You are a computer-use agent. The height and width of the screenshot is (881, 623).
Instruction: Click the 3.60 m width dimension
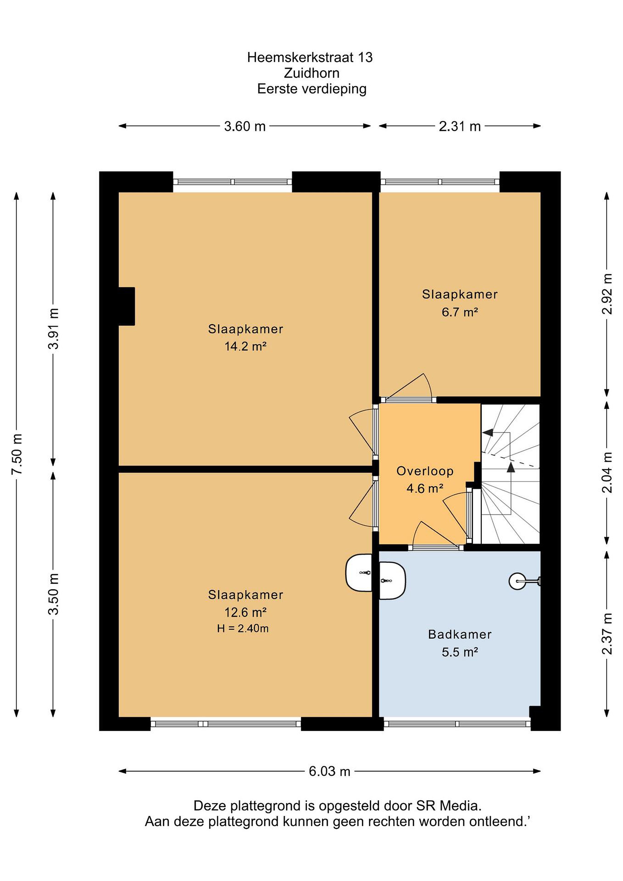(245, 126)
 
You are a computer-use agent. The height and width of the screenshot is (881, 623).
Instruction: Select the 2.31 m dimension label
(460, 126)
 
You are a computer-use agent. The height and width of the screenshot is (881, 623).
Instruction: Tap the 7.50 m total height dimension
(17, 454)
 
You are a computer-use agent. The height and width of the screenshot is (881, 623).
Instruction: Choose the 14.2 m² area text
(246, 347)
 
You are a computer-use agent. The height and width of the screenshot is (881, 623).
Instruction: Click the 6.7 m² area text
(460, 312)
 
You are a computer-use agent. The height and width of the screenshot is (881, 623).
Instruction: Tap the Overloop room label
(425, 471)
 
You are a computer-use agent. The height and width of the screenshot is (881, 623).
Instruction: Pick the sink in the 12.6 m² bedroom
(359, 572)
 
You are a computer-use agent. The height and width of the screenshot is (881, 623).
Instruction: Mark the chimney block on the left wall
(127, 306)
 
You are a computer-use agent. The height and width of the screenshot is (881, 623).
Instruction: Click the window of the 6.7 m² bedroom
(440, 182)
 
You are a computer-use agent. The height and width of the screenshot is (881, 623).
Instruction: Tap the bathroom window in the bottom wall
(457, 724)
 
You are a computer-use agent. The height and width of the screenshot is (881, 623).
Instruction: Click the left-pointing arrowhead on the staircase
(487, 433)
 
